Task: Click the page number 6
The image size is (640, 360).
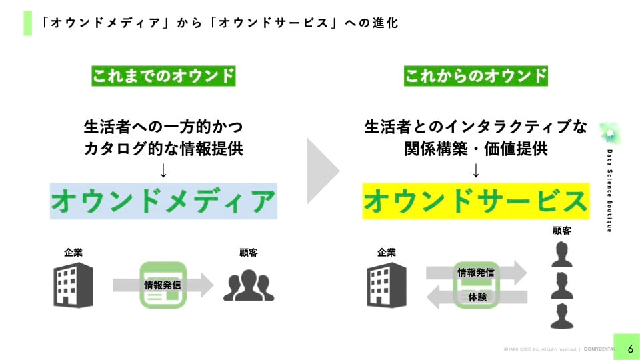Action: tap(630, 349)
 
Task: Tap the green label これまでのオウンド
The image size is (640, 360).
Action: tap(163, 76)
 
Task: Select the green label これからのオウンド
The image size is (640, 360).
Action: tap(476, 76)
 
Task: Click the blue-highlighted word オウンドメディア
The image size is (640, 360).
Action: tap(163, 201)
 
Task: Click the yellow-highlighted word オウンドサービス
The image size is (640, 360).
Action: tap(476, 201)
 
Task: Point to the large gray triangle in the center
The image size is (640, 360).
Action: tap(322, 171)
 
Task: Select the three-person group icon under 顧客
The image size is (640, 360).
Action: tap(249, 285)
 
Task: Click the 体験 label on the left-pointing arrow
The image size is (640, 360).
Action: tap(476, 297)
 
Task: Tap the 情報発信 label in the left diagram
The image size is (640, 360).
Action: tap(163, 285)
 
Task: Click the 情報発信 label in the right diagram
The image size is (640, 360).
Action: tap(476, 272)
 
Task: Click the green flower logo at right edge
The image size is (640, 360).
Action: tap(609, 134)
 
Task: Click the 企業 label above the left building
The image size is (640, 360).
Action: tap(73, 253)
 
